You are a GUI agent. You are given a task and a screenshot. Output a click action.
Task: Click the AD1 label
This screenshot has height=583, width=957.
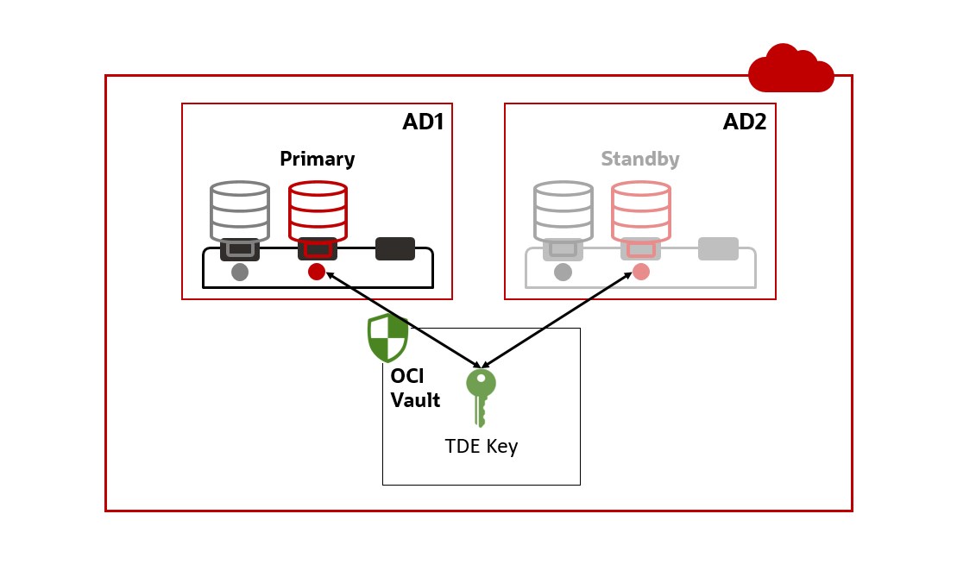[423, 122]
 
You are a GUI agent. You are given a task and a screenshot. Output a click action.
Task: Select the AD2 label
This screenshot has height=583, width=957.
[744, 122]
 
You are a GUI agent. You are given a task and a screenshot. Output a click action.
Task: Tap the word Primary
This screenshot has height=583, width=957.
[317, 160]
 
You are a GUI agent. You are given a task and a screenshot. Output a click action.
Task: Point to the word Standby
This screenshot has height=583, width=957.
[639, 160]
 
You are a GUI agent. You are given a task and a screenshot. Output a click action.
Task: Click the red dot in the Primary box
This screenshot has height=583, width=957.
[317, 272]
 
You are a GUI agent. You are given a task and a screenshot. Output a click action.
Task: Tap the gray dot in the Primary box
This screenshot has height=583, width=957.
[240, 272]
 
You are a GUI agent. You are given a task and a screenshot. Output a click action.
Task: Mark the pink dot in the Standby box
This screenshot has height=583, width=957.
[640, 272]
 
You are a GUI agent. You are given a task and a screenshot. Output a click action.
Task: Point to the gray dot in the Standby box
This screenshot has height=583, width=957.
[563, 272]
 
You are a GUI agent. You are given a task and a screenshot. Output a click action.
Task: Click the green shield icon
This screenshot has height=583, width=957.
[387, 337]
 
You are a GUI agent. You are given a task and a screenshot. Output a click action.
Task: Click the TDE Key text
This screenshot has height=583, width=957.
[481, 447]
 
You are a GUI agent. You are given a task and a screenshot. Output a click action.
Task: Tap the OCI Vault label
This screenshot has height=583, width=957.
[415, 389]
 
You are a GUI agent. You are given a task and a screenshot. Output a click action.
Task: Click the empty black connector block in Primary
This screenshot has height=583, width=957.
[395, 248]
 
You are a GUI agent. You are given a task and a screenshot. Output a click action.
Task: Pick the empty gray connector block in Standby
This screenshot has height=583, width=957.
[718, 248]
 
